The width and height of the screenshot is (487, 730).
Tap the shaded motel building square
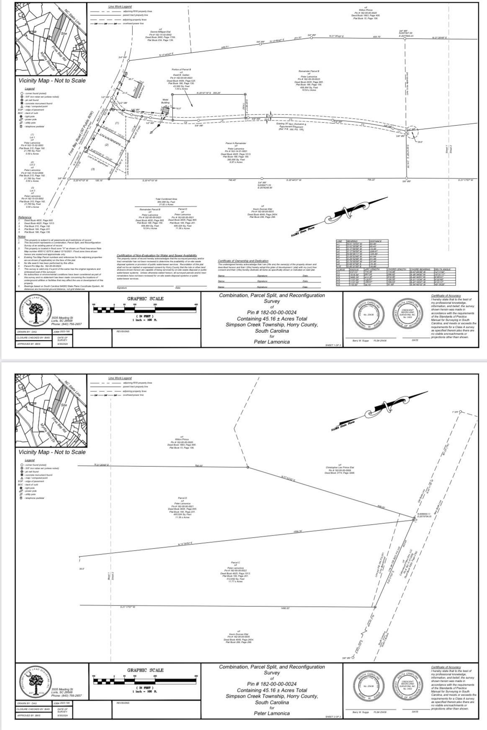click(166, 109)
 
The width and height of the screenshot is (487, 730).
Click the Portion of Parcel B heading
click(181, 69)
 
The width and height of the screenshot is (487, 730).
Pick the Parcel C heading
click(235, 562)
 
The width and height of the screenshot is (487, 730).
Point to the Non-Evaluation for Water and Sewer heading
click(157, 255)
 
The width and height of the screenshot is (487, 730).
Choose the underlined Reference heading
click(25, 217)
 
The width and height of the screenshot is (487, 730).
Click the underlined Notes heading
click(22, 237)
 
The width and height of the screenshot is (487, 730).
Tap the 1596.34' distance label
click(298, 532)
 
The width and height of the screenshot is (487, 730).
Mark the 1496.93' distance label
click(285, 608)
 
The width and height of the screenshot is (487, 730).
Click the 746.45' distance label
click(232, 180)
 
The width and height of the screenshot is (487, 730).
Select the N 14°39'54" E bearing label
click(185, 544)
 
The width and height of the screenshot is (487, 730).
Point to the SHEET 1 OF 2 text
click(333, 345)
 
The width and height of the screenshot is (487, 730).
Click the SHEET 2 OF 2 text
click(333, 717)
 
